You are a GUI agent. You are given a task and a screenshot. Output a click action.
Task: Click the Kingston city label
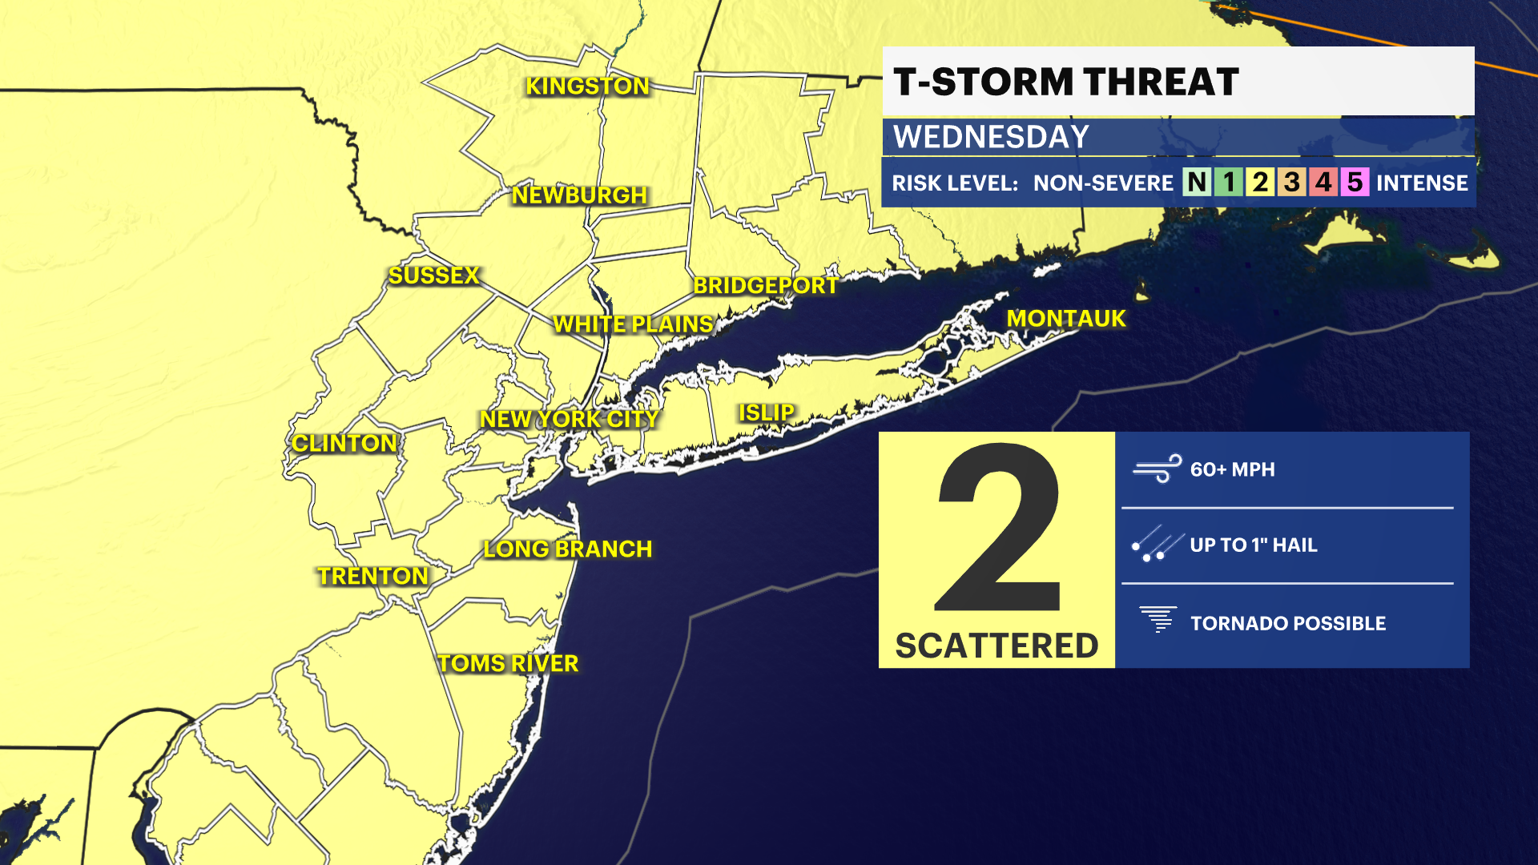point(587,86)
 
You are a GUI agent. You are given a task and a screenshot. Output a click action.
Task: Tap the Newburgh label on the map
point(579,195)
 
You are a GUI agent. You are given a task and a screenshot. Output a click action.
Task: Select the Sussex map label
point(433,276)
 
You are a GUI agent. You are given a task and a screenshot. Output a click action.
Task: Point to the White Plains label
point(633,324)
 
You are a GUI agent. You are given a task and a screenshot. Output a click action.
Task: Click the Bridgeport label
point(766,286)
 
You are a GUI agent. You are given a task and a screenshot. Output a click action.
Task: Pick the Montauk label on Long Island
point(1066,319)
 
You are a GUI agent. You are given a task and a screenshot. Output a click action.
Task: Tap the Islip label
point(767,413)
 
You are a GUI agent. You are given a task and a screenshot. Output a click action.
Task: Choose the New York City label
point(569,420)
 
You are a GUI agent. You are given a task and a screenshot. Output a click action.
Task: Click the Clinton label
point(344,444)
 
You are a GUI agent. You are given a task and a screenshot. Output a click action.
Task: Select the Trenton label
point(373,577)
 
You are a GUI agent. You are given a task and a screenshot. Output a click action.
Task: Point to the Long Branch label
point(568,549)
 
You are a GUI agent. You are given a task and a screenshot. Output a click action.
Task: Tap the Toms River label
point(508,664)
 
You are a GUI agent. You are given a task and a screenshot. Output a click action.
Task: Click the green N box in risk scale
point(1197,183)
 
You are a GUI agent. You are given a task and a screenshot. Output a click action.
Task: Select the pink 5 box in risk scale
point(1355,183)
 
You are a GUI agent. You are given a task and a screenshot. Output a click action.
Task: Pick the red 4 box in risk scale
point(1323,183)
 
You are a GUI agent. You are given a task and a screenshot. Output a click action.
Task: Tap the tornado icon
point(1158,620)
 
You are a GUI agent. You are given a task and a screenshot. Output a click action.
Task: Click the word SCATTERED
point(996,646)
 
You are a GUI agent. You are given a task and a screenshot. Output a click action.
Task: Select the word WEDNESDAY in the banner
point(991,137)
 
